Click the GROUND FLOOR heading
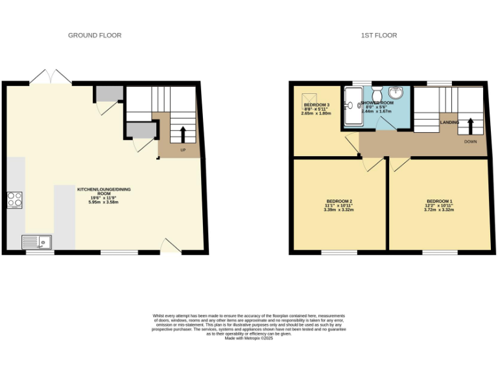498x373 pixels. point(95,35)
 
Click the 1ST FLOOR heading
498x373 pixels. point(379,35)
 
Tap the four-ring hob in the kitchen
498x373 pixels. point(15,200)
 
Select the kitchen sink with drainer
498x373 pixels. point(37,242)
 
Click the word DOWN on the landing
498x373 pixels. point(471,141)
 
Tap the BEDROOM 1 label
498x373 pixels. point(440,201)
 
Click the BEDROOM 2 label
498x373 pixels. point(337,201)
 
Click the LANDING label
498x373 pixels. point(449,122)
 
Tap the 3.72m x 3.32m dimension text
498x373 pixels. point(439,209)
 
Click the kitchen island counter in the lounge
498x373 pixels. point(64,217)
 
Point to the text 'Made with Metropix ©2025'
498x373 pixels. point(249,338)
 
